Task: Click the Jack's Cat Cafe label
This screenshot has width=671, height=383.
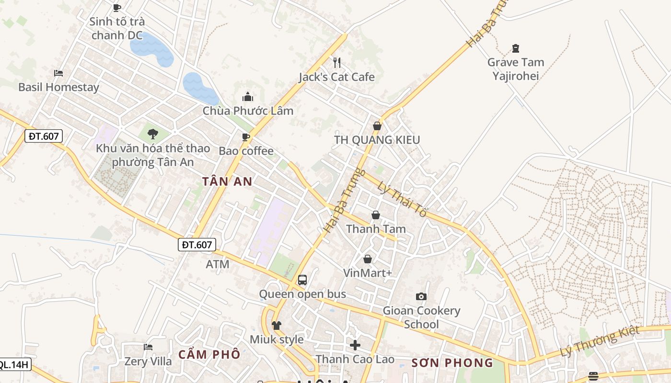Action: pos(336,77)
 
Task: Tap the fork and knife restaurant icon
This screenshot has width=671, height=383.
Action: pos(336,62)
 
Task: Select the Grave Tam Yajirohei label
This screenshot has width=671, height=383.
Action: pos(516,69)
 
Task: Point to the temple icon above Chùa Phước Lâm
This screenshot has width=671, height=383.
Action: pos(248,97)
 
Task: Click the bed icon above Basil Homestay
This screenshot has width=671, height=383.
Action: pos(58,73)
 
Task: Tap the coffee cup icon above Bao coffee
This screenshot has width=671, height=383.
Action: pos(246,137)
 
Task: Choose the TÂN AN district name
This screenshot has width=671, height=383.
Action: pos(227,182)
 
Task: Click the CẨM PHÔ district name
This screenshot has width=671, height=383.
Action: pos(209,355)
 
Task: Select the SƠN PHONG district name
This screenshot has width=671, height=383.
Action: pos(452,363)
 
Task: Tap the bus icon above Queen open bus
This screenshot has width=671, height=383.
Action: pos(302,280)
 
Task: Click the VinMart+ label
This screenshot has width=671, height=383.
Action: pos(368,273)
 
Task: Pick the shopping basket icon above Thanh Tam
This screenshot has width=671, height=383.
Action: pos(376,215)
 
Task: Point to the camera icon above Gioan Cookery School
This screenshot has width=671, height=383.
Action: pos(421,297)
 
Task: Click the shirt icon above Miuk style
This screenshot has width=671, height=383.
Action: pos(277,326)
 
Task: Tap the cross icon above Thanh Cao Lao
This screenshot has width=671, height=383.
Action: pos(355,345)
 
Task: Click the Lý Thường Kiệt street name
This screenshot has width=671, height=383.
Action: pos(600,341)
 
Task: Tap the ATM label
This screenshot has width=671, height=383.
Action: pos(218,264)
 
